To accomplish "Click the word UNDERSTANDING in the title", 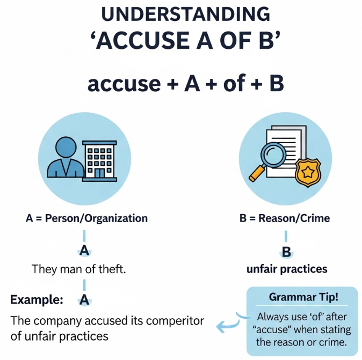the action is click(x=180, y=14).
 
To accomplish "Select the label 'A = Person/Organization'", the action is click(x=86, y=219).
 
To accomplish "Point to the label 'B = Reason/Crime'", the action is click(x=284, y=219).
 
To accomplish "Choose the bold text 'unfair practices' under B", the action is click(x=287, y=269).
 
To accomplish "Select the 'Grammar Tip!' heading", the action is click(x=302, y=298).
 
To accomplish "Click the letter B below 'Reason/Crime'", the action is click(x=286, y=252).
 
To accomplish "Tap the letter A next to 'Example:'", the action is click(x=84, y=300).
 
